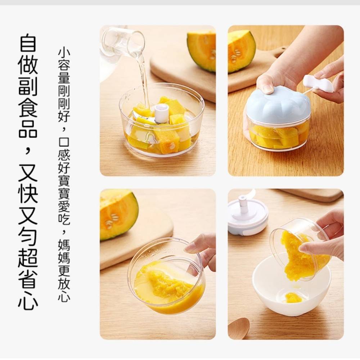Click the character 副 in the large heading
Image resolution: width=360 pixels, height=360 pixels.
click(28, 86)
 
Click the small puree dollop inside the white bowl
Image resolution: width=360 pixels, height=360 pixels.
click(293, 297)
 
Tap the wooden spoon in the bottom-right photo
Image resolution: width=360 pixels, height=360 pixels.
click(239, 328)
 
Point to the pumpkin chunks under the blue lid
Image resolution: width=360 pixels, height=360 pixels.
click(278, 136)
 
